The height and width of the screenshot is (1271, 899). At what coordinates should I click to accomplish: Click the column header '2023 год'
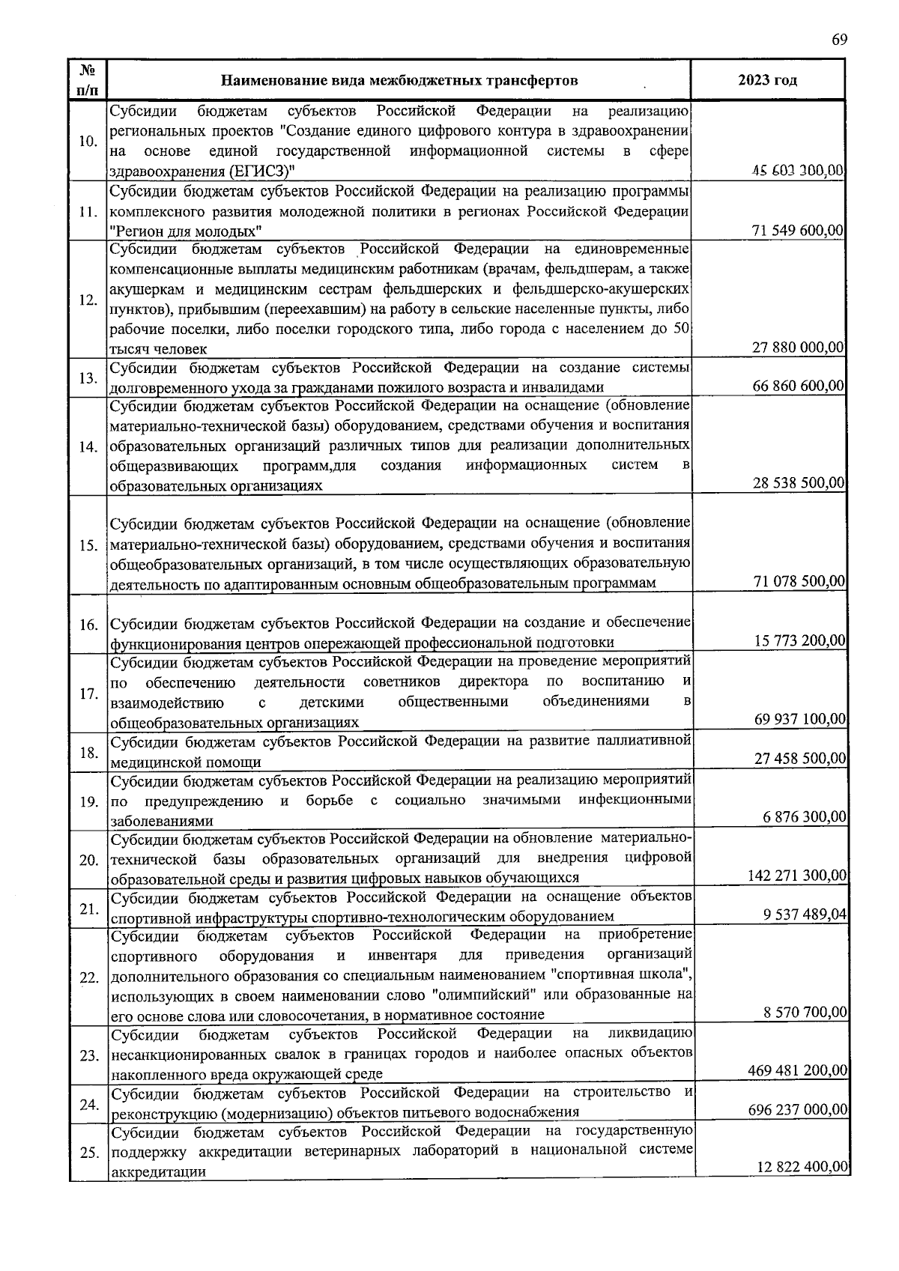coord(767,80)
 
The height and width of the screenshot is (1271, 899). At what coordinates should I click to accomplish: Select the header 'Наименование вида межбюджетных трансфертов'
coord(399,80)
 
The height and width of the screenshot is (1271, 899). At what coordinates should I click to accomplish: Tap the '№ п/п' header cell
coord(87,79)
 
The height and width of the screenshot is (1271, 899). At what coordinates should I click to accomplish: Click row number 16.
coord(88,625)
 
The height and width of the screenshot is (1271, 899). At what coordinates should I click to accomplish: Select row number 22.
coord(88,978)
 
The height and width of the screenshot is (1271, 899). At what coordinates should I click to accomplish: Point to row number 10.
coord(88,142)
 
